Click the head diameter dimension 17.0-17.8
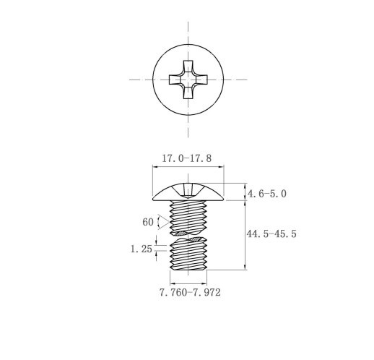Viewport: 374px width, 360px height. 187,158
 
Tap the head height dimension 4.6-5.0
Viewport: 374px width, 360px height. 267,194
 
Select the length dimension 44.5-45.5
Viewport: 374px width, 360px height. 271,234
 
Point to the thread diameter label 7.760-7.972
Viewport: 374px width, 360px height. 190,293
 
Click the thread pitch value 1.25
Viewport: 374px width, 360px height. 142,249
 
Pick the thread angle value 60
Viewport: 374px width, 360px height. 148,222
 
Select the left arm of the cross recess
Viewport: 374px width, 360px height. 175,80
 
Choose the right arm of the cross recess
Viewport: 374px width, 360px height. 201,80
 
